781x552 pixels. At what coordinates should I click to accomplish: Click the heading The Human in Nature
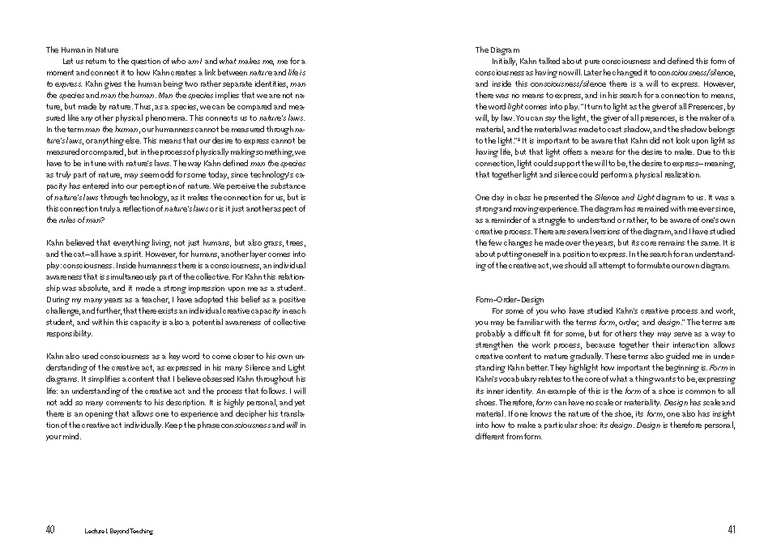tap(82, 50)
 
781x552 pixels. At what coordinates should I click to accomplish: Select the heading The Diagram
tap(497, 50)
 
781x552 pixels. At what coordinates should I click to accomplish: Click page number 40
tap(50, 530)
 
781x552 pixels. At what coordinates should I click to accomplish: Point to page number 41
tap(731, 530)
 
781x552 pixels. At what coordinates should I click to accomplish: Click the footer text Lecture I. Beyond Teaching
tap(118, 531)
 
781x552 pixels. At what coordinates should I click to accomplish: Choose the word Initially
tap(507, 62)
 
